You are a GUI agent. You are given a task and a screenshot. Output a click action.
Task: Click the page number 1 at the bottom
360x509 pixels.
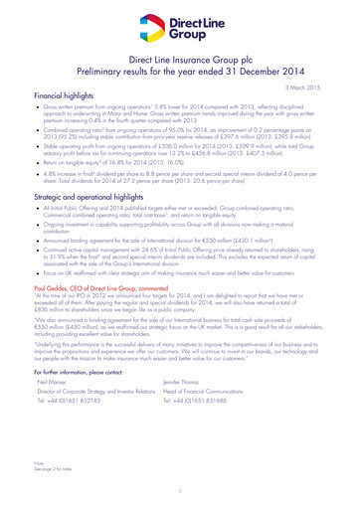[x=180, y=491]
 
